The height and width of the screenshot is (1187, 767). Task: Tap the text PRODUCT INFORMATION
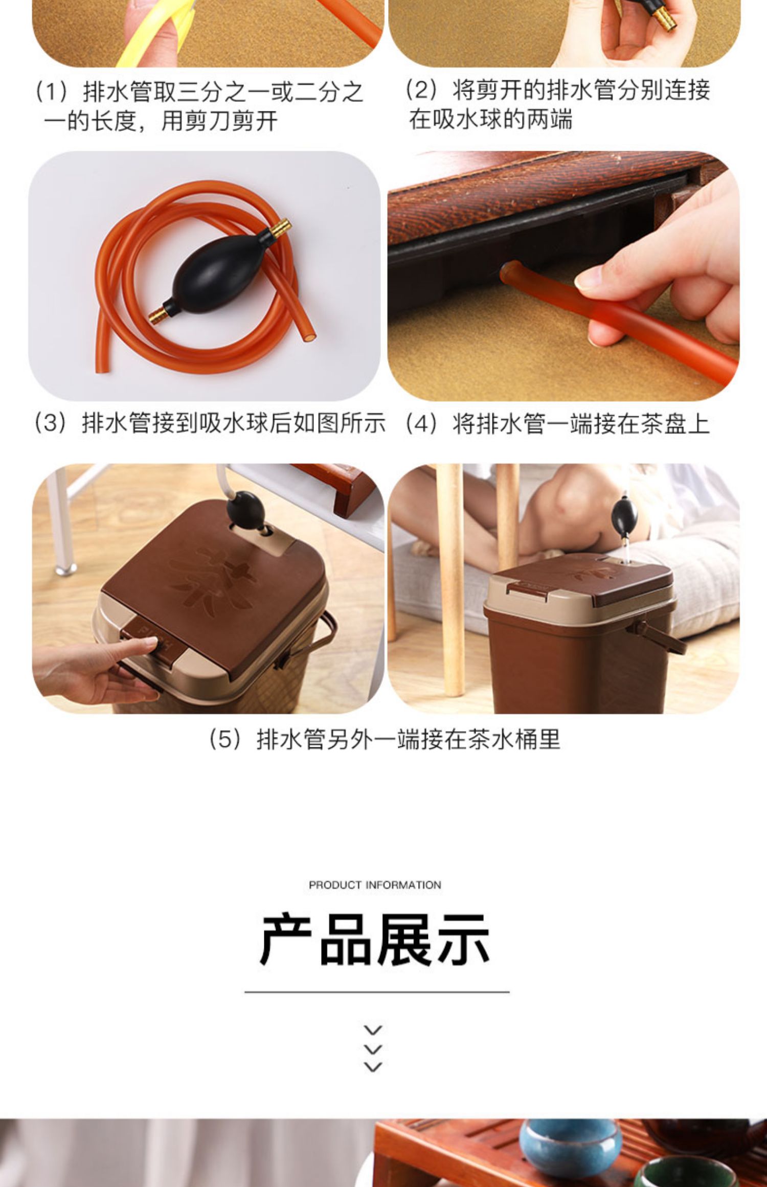[x=375, y=885]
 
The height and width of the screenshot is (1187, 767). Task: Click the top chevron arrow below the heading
[x=373, y=1030]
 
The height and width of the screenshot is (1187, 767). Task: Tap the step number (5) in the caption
[x=225, y=739]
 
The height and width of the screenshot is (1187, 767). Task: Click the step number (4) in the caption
[x=421, y=423]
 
